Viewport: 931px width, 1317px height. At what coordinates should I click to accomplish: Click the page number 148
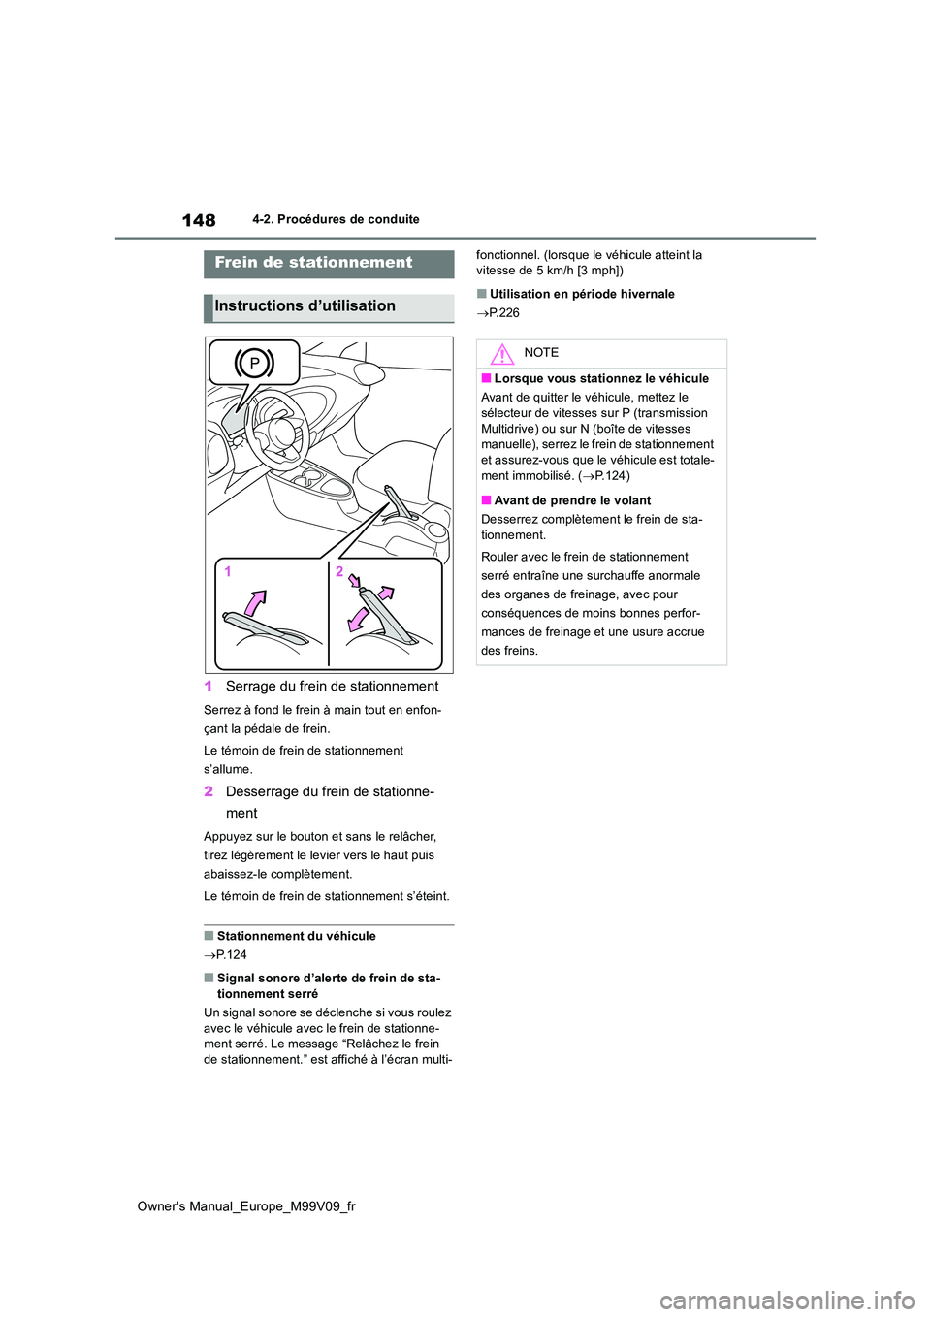[x=199, y=220]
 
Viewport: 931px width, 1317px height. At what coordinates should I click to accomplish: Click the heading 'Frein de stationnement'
[x=313, y=263]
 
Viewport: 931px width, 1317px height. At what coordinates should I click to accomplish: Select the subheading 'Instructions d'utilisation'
[x=305, y=306]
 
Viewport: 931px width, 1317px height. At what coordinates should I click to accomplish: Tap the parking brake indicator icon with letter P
[x=254, y=363]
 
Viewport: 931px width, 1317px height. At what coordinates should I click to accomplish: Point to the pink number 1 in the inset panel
[x=228, y=572]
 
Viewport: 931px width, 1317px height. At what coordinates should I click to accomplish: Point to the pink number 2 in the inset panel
[x=339, y=571]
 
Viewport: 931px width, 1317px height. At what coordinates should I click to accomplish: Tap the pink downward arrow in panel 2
[x=358, y=618]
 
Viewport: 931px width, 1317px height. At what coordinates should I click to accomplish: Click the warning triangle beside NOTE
[x=501, y=354]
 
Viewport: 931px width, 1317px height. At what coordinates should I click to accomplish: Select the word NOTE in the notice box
[x=541, y=353]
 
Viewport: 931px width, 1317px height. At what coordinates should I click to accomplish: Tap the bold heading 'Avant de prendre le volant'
[x=572, y=501]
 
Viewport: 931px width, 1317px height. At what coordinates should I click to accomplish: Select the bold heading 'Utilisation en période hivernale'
[x=582, y=294]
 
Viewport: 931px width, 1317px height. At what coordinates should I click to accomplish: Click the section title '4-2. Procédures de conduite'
[x=336, y=219]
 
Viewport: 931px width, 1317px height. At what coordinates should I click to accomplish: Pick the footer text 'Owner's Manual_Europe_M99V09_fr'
[x=246, y=1206]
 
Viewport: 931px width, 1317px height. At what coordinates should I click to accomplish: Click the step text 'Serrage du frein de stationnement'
[x=332, y=687]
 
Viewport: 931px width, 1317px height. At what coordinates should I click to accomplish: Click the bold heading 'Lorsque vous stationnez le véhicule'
[x=601, y=379]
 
